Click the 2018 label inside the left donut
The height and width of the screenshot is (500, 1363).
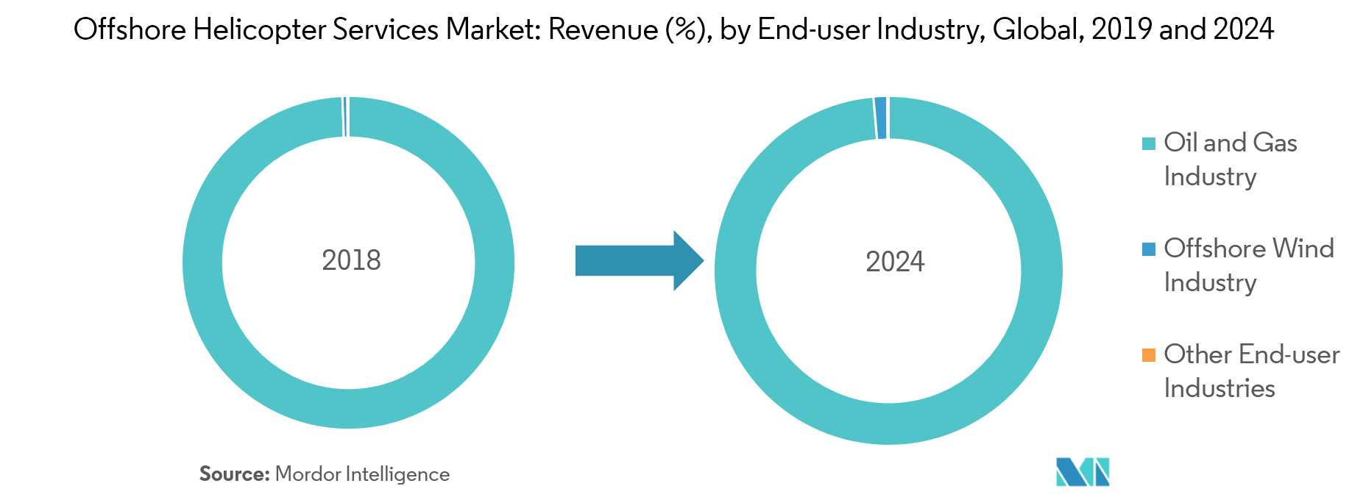pos(351,260)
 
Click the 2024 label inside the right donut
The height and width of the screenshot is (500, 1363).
pos(895,262)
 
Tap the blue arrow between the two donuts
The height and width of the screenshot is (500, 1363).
pos(640,260)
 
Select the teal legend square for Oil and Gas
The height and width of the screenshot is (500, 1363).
pos(1148,143)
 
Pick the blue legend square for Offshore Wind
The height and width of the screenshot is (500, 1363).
pos(1148,249)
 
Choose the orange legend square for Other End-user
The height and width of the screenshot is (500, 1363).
pos(1148,355)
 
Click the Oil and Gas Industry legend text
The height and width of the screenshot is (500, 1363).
pos(1231,160)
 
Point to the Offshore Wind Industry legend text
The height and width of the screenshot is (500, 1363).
pos(1249,265)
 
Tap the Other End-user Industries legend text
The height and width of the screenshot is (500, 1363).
pos(1252,371)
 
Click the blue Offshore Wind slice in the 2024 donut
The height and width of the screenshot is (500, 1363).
pos(881,118)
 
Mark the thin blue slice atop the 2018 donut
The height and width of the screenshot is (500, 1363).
pos(344,117)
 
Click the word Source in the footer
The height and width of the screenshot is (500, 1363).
pos(235,474)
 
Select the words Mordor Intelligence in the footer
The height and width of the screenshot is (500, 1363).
pos(362,475)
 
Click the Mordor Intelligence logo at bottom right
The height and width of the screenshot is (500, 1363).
pos(1083,472)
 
